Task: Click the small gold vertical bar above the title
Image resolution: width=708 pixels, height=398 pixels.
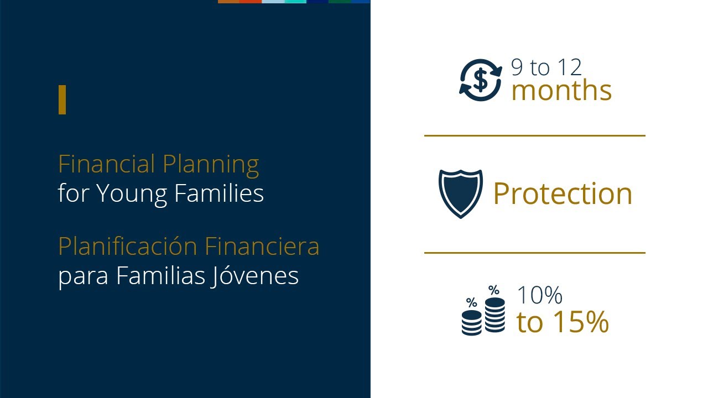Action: pyautogui.click(x=62, y=100)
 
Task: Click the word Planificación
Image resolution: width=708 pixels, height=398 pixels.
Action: pyautogui.click(x=128, y=247)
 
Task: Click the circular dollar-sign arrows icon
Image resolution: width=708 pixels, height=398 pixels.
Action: pyautogui.click(x=481, y=80)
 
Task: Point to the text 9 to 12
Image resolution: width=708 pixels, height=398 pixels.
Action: pyautogui.click(x=546, y=67)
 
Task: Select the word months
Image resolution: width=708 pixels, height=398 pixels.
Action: pyautogui.click(x=561, y=91)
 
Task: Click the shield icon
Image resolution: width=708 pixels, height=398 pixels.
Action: pyautogui.click(x=460, y=193)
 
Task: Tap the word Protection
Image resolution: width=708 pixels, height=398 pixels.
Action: pyautogui.click(x=563, y=193)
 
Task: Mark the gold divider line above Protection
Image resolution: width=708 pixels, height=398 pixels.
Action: pyautogui.click(x=534, y=135)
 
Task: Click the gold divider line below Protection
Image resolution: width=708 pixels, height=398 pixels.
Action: pyautogui.click(x=534, y=253)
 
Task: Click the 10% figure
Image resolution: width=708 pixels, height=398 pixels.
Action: pyautogui.click(x=539, y=295)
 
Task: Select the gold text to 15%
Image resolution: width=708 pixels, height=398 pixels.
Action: pyautogui.click(x=563, y=322)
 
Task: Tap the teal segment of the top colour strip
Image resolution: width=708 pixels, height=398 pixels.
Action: pyautogui.click(x=295, y=2)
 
